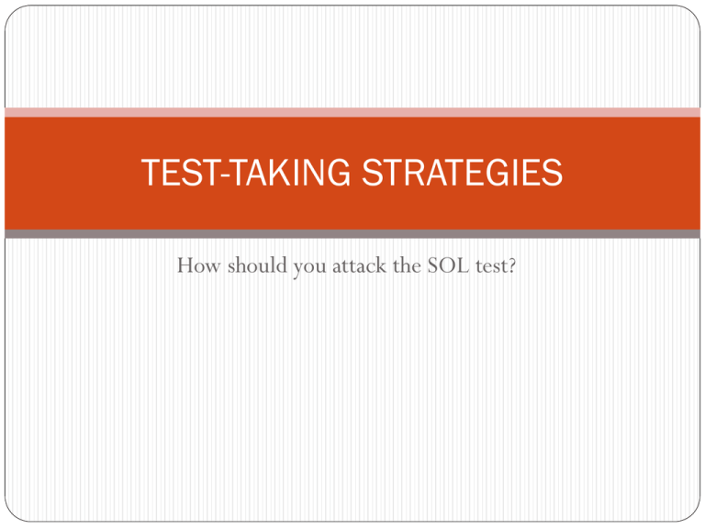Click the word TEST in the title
(180, 173)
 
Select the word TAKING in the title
(290, 173)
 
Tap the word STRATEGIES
(463, 173)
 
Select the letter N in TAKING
(311, 173)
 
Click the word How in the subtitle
(198, 265)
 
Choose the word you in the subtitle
(309, 268)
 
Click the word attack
(359, 264)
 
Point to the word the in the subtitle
(407, 264)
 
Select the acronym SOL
(448, 264)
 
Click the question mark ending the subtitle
(510, 264)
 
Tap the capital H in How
(186, 265)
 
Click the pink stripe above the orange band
(352, 112)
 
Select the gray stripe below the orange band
(352, 234)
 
